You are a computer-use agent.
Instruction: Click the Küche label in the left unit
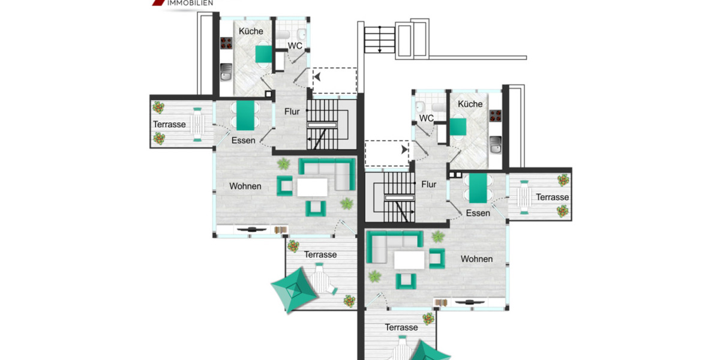pyautogui.click(x=251, y=31)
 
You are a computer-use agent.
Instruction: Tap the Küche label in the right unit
pyautogui.click(x=470, y=104)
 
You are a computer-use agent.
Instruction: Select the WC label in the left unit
pyautogui.click(x=295, y=46)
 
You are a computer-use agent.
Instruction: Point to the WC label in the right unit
pyautogui.click(x=427, y=118)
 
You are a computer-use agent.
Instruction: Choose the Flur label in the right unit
pyautogui.click(x=428, y=184)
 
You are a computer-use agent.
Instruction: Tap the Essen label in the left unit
pyautogui.click(x=243, y=140)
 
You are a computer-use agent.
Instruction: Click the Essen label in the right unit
pyautogui.click(x=478, y=213)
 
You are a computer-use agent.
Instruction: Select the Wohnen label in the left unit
pyautogui.click(x=245, y=186)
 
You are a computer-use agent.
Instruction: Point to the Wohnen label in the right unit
pyautogui.click(x=476, y=259)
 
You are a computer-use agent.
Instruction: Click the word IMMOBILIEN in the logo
pyautogui.click(x=190, y=3)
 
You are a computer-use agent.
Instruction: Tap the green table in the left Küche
pyautogui.click(x=263, y=54)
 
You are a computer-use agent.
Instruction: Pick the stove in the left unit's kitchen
pyautogui.click(x=226, y=43)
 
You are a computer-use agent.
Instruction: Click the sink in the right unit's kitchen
pyautogui.click(x=496, y=143)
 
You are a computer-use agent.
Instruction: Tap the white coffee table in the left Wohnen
pyautogui.click(x=312, y=188)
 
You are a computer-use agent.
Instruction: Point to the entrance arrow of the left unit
pyautogui.click(x=316, y=77)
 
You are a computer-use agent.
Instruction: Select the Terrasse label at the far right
pyautogui.click(x=552, y=197)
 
